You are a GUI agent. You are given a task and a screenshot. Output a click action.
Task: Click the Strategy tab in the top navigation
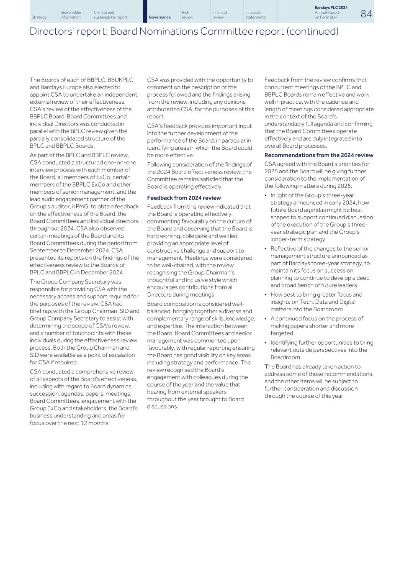39,18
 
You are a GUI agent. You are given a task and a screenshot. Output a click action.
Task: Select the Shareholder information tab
71,15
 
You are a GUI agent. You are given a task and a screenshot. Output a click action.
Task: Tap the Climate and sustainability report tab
110,15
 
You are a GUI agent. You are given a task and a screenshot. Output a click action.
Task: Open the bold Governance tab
160,18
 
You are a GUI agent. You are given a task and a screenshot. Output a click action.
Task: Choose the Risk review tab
187,15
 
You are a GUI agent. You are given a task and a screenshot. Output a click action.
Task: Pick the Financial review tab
219,15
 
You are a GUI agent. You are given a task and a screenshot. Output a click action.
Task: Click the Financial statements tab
255,15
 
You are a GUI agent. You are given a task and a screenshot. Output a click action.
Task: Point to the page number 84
366,14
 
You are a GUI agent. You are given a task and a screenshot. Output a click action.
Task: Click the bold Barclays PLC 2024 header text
331,8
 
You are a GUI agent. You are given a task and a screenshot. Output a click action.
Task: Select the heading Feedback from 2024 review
184,198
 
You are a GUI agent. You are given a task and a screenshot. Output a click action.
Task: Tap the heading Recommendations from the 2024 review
319,155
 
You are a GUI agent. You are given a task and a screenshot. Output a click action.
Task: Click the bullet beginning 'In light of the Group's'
321,217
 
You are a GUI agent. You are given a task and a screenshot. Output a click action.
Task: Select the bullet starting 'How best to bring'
316,302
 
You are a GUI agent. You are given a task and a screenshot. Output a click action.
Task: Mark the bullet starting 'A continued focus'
317,326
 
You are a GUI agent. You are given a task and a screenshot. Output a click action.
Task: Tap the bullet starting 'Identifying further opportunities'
321,350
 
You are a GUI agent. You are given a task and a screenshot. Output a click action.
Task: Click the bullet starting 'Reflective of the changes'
320,267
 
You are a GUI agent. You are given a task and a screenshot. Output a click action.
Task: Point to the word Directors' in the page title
46,32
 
